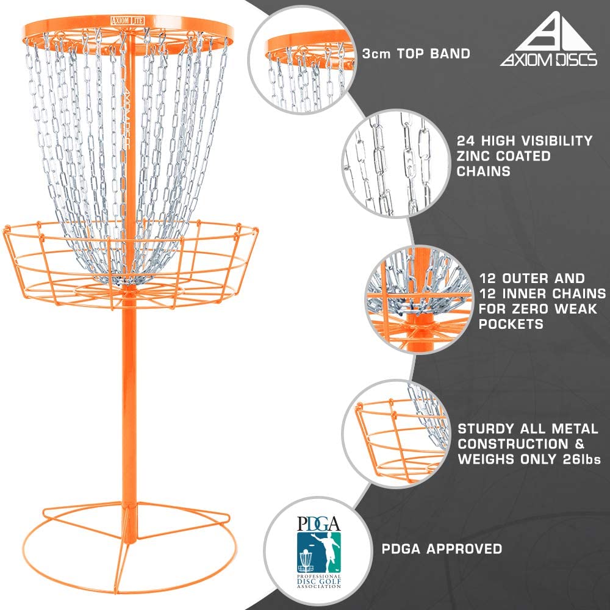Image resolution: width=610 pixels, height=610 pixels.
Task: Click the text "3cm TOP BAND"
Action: pyautogui.click(x=416, y=54)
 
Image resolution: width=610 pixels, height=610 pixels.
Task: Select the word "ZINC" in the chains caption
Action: pyautogui.click(x=473, y=156)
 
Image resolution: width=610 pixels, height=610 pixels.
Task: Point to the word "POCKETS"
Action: pyautogui.click(x=511, y=324)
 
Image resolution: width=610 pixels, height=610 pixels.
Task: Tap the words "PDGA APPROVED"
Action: pyautogui.click(x=442, y=549)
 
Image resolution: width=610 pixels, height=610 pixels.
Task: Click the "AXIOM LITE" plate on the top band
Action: pyautogui.click(x=127, y=20)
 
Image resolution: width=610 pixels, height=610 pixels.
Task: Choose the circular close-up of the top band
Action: pyautogui.click(x=301, y=60)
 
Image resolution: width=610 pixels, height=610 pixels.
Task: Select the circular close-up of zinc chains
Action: pyautogui.click(x=396, y=163)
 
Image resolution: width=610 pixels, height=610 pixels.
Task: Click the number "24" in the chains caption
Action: pyautogui.click(x=465, y=141)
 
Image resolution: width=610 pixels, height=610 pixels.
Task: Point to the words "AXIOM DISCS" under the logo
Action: pyautogui.click(x=548, y=60)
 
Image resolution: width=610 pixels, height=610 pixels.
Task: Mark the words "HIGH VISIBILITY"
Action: pyautogui.click(x=537, y=141)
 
